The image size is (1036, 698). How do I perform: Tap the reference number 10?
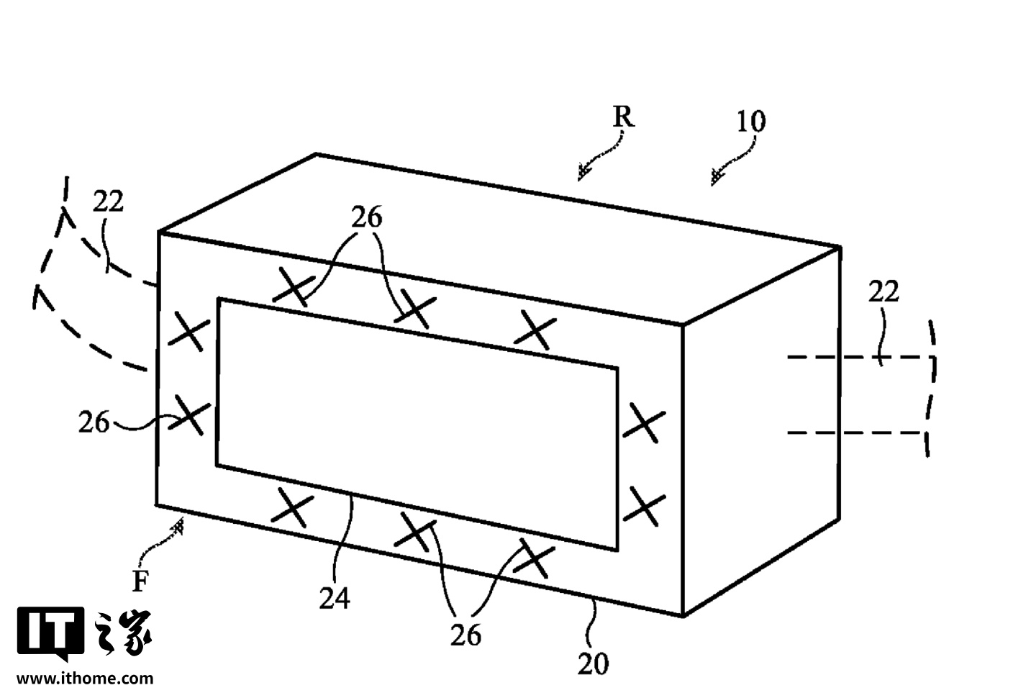pos(750,122)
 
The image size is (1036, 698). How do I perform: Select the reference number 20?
pos(593,664)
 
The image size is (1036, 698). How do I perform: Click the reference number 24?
pos(335,598)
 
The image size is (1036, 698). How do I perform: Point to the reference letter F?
pos(140,581)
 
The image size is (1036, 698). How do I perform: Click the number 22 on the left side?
pos(108,201)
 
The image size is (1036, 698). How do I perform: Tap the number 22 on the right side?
pos(883,292)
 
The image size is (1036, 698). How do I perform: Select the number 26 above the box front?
pos(367,217)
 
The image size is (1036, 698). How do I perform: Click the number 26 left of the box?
pos(94,422)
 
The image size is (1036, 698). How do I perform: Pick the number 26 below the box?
pos(465,635)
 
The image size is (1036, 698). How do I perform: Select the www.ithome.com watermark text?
pos(85,679)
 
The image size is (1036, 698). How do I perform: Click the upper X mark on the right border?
pos(645,423)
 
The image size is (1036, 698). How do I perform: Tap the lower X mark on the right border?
pos(645,506)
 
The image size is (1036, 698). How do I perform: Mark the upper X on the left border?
pos(188,331)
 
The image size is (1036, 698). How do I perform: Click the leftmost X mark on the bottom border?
pos(292,507)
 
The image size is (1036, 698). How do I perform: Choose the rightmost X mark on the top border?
pos(535,330)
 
